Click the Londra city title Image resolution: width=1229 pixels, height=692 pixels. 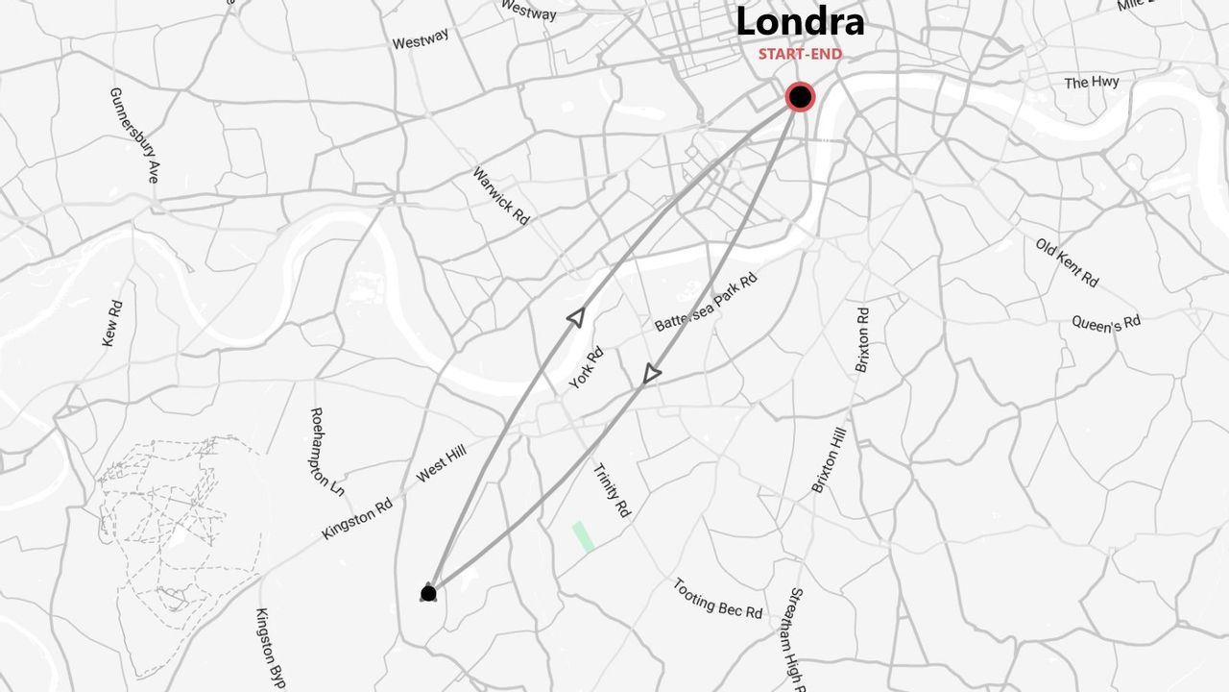[x=800, y=22]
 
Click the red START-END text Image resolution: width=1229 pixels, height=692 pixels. [x=800, y=54]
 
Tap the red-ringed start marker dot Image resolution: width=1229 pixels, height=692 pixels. [x=800, y=97]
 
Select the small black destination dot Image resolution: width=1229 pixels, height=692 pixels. [x=428, y=593]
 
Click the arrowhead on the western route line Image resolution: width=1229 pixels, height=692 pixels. [x=576, y=317]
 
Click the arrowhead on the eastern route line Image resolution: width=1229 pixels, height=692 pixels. [x=652, y=374]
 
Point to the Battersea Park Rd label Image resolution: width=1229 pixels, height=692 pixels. [x=706, y=302]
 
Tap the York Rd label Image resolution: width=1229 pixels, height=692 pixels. [x=586, y=368]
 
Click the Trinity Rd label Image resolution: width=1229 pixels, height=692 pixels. [x=611, y=491]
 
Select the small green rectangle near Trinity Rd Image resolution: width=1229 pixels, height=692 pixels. [x=583, y=536]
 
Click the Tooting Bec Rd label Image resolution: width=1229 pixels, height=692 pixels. [x=717, y=598]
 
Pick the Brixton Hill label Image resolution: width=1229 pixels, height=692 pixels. [x=829, y=459]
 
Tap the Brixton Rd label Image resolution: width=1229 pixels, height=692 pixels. [x=862, y=339]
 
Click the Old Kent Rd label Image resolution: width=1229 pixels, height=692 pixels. [x=1067, y=261]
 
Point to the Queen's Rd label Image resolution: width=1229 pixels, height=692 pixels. [x=1106, y=322]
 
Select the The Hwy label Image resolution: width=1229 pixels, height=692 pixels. [x=1091, y=83]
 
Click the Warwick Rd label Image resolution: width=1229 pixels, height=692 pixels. [x=500, y=196]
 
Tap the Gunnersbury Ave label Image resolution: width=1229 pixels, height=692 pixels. [x=133, y=136]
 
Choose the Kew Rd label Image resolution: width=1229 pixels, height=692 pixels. [x=112, y=324]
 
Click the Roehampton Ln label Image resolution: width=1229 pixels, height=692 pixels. [x=326, y=451]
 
